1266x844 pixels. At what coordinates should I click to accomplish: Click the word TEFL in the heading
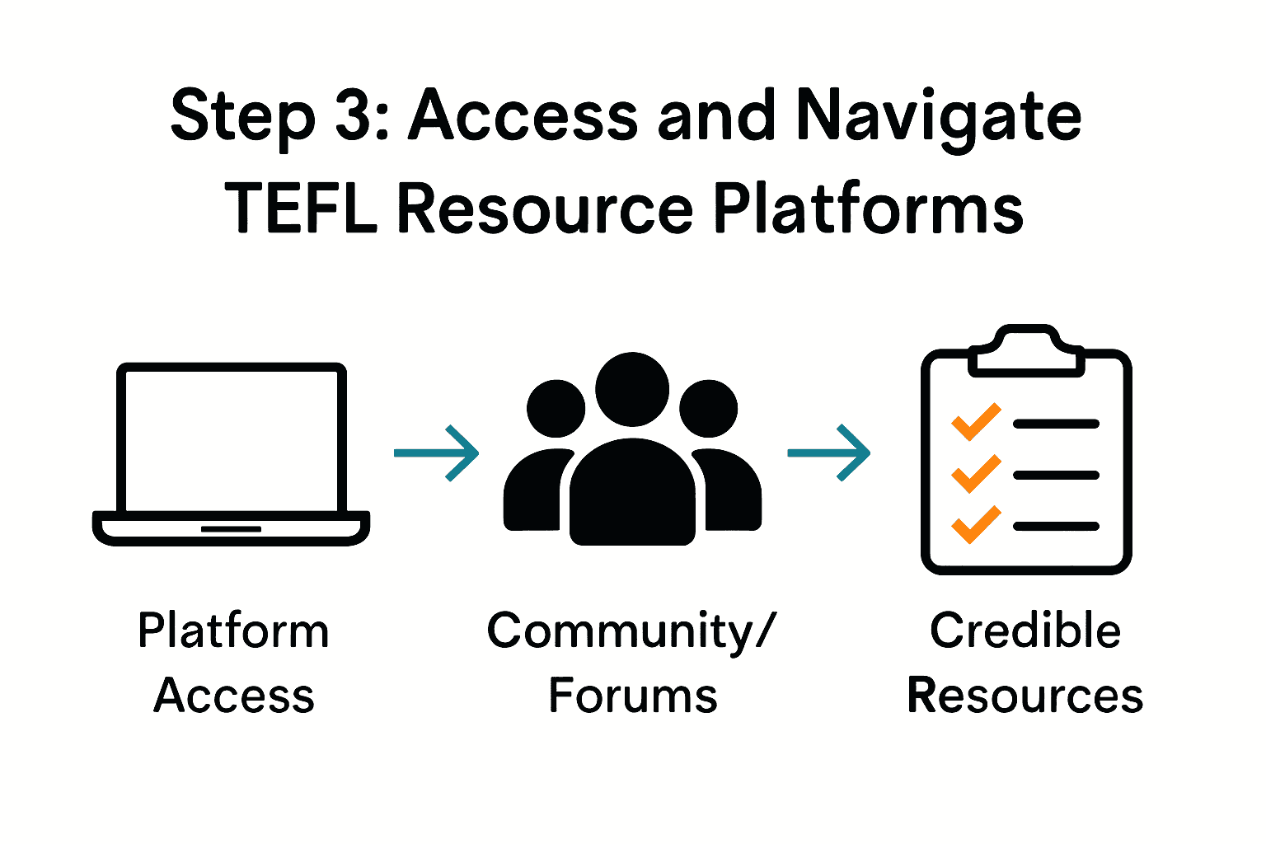tap(301, 208)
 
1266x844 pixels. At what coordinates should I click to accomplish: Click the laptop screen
tap(232, 440)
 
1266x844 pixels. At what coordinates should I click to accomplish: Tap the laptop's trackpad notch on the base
tap(231, 528)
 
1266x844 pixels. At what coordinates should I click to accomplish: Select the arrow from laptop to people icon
tap(437, 452)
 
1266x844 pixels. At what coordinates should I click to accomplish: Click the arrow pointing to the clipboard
tap(829, 452)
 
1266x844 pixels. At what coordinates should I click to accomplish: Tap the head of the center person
tap(632, 389)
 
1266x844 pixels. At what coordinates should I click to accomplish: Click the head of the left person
tap(556, 408)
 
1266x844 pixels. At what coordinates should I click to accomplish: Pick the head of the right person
tap(709, 408)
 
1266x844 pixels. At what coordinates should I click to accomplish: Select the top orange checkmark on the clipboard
tap(976, 422)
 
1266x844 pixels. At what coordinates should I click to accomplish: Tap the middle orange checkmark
tap(976, 473)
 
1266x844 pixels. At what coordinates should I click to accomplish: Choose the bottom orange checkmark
tap(976, 524)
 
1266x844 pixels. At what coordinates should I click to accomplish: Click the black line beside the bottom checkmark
tap(1057, 527)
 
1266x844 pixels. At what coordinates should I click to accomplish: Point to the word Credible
tap(1025, 631)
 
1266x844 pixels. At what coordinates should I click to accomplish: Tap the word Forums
tap(633, 696)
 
